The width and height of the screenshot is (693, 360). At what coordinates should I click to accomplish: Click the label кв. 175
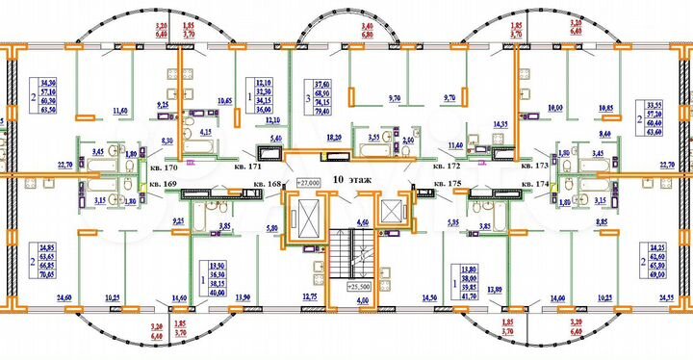446,182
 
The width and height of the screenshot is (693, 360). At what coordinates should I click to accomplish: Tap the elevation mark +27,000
307,181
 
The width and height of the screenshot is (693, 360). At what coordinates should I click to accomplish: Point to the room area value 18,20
334,139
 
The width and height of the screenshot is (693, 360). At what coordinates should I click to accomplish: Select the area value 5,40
275,140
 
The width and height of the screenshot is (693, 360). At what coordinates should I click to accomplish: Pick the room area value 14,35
500,125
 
